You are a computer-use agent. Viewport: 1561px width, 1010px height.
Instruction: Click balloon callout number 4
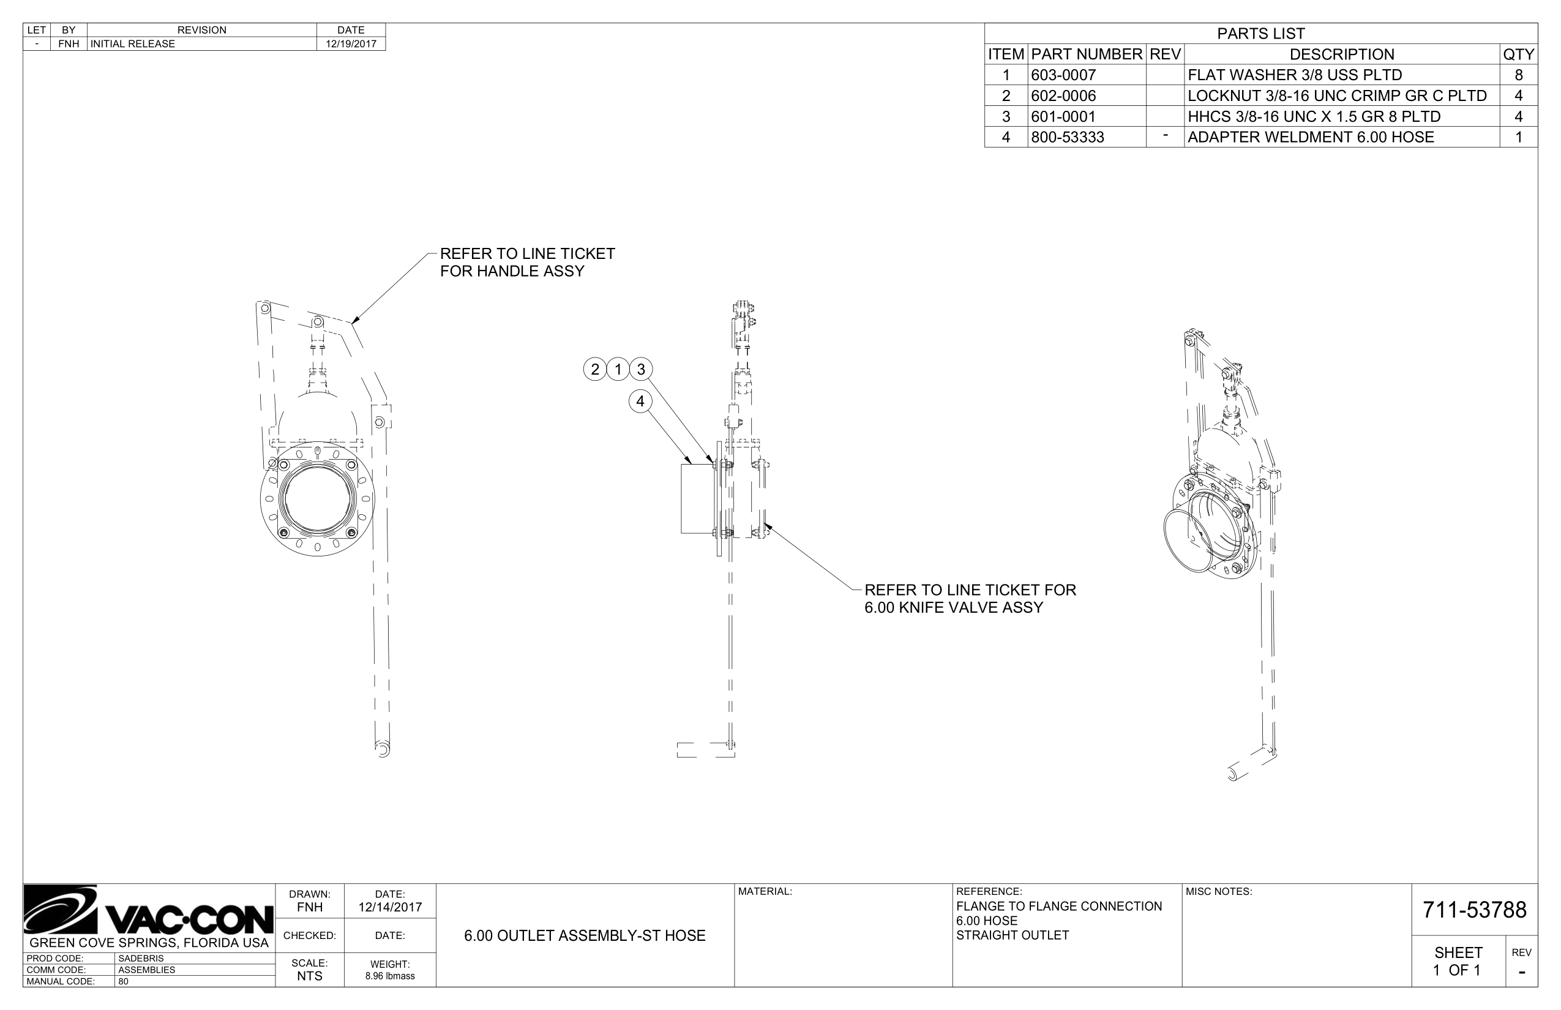[640, 402]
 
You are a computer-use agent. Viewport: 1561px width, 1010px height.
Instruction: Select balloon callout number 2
[595, 369]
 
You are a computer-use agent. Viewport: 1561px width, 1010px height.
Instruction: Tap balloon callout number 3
[641, 369]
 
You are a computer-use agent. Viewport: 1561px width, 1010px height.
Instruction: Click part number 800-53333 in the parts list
[1067, 137]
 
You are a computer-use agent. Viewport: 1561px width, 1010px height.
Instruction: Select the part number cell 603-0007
[1063, 75]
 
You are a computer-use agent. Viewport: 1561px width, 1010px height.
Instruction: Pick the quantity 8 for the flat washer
[1518, 75]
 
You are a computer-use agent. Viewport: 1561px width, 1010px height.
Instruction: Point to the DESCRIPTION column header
[1341, 54]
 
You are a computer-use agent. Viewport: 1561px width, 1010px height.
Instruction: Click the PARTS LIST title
[1260, 34]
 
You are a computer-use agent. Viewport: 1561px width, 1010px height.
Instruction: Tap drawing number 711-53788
[1474, 910]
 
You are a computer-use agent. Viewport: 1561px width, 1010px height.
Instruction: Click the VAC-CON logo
[149, 911]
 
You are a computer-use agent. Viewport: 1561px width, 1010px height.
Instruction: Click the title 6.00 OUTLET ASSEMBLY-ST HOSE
[585, 936]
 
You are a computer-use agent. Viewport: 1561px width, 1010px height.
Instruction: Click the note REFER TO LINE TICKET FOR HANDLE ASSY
[526, 263]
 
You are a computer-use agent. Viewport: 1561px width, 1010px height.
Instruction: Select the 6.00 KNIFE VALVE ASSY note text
[953, 607]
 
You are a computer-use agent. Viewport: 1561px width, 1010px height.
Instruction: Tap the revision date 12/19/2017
[351, 44]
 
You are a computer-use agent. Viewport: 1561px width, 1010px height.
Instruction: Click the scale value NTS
[310, 976]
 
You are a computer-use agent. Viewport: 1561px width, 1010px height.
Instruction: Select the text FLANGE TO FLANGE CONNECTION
[1058, 907]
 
